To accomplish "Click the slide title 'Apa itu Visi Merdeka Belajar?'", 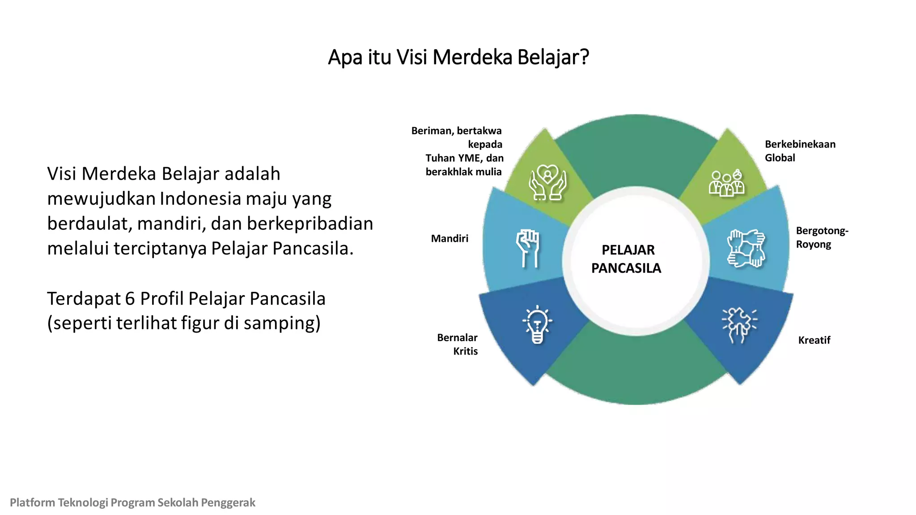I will (x=458, y=57).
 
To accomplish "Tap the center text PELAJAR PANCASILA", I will (x=627, y=259).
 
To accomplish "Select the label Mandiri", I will (x=450, y=239).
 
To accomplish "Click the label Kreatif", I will (x=814, y=340).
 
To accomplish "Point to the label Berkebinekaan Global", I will (x=799, y=151).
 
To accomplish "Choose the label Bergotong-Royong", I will (x=821, y=237).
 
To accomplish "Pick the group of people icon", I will (x=727, y=183).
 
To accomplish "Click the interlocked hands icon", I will (x=746, y=249).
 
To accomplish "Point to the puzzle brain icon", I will (x=739, y=325).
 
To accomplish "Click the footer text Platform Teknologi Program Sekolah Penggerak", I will (x=132, y=502).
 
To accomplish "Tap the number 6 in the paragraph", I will (x=130, y=299).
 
